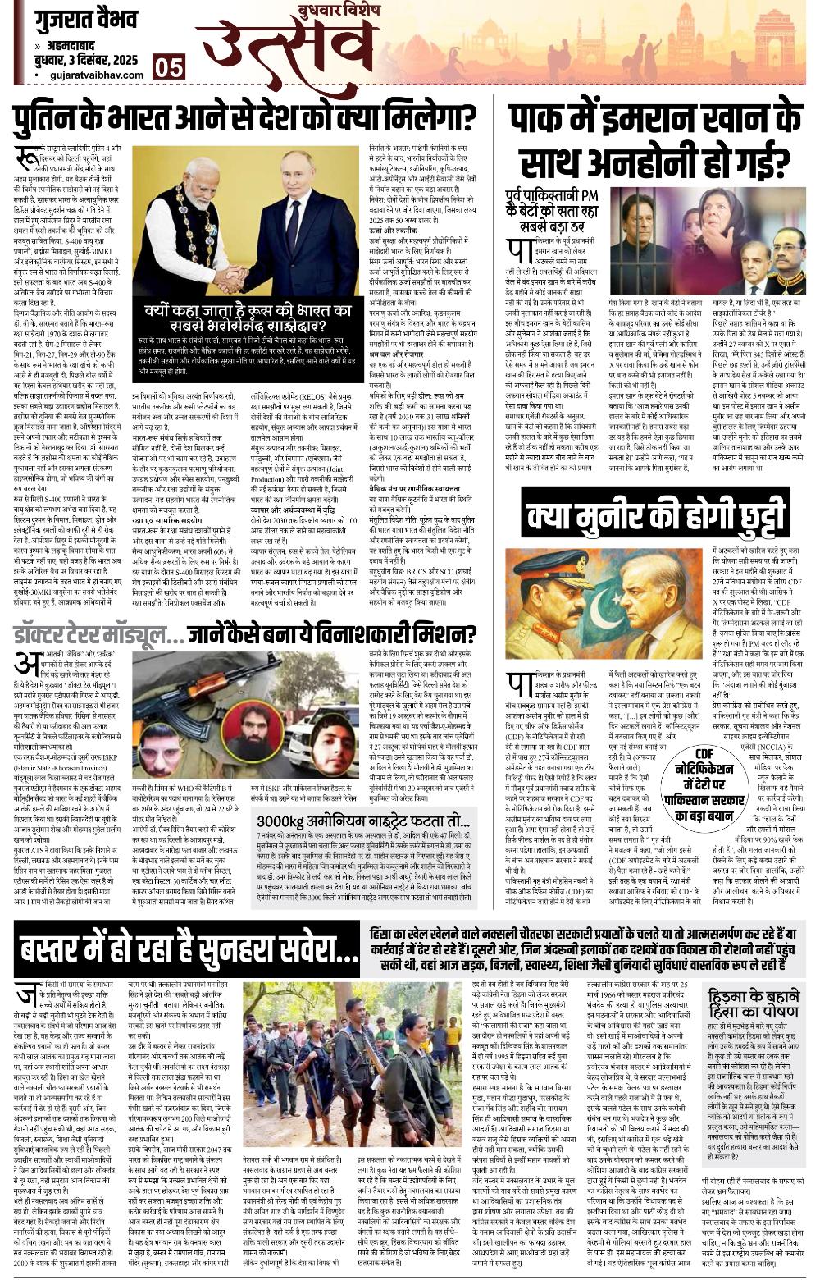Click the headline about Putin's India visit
[247, 118]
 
